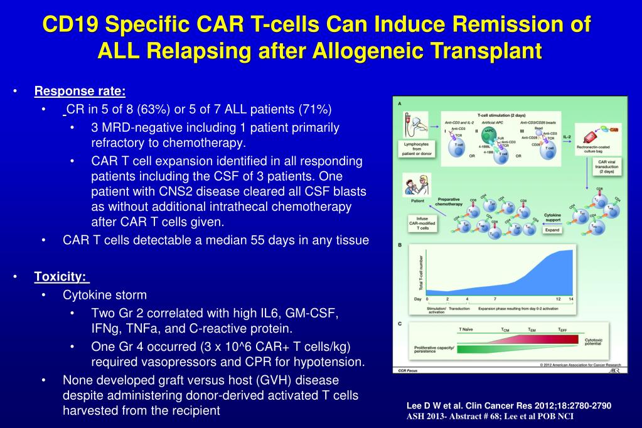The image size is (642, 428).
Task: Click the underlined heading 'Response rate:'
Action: (80, 92)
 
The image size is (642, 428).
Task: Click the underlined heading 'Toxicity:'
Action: (60, 277)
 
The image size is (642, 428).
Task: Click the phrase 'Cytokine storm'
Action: (105, 295)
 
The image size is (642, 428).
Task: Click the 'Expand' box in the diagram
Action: (552, 230)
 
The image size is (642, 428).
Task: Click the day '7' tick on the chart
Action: (495, 299)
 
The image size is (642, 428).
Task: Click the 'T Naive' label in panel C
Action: (466, 329)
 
